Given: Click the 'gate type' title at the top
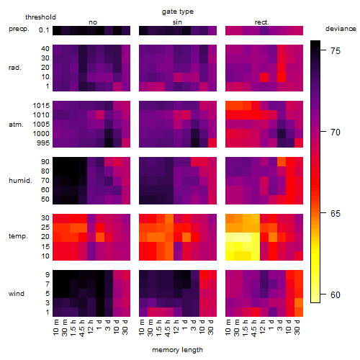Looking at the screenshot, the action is click(178, 12).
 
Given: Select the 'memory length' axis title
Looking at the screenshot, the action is click(177, 350).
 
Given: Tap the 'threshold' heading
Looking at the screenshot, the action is click(40, 17).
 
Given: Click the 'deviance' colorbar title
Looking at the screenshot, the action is click(341, 29).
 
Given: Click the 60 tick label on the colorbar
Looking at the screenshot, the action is click(336, 294).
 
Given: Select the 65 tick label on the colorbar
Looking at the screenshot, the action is click(336, 213).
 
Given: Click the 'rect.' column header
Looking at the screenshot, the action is click(262, 22).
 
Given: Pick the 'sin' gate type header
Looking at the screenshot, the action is click(177, 22).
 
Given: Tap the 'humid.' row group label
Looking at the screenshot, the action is click(20, 181).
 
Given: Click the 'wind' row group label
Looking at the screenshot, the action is click(17, 294).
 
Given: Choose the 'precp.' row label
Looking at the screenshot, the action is click(19, 29).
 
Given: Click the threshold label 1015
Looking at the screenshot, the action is click(41, 106).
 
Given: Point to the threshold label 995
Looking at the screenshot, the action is click(43, 143).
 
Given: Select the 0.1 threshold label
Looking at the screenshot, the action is click(44, 30).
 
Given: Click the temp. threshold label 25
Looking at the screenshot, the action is click(45, 228).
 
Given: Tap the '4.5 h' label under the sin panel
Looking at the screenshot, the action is click(168, 328).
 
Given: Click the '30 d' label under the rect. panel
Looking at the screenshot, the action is click(297, 327).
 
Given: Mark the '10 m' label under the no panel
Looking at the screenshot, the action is click(55, 327).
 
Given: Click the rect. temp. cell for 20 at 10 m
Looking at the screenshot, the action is click(230, 237).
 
